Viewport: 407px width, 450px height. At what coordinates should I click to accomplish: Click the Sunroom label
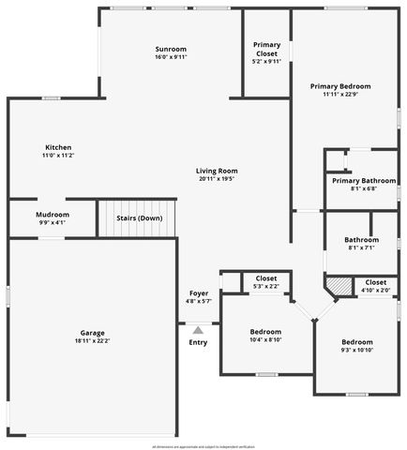(172, 49)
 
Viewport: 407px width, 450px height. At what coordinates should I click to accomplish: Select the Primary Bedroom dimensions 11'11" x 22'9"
(340, 94)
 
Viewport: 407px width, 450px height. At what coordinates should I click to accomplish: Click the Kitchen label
(58, 147)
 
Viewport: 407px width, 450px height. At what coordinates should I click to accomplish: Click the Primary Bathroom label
(363, 180)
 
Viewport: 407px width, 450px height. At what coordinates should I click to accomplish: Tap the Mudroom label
(53, 215)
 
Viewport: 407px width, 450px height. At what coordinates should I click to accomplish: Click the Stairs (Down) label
(139, 218)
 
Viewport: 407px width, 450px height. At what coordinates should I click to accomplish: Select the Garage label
(92, 333)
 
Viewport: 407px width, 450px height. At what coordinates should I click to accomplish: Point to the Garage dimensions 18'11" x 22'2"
(92, 341)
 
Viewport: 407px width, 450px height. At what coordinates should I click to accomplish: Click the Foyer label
(199, 293)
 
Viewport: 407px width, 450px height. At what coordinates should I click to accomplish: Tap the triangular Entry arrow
(198, 330)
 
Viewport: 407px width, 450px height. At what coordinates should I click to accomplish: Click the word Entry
(198, 342)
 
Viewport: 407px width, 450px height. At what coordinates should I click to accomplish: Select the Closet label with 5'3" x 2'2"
(266, 278)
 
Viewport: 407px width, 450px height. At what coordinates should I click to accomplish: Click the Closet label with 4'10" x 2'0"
(375, 282)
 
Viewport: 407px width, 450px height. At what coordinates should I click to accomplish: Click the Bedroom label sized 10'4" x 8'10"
(265, 332)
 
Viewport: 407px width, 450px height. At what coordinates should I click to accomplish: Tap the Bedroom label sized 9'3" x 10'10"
(356, 342)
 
